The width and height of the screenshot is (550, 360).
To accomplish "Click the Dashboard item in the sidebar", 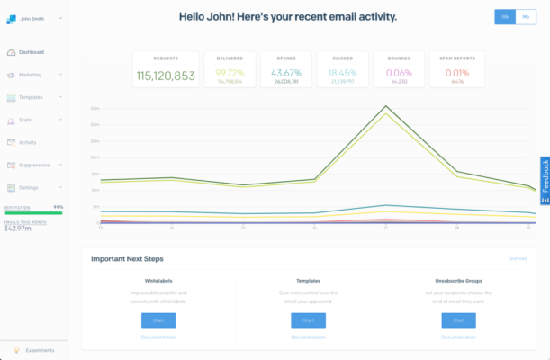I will [32, 52].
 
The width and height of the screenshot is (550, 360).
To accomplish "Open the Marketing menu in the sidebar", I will [30, 75].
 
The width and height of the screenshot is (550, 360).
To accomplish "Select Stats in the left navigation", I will [25, 120].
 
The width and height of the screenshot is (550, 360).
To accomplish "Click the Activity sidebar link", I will [28, 142].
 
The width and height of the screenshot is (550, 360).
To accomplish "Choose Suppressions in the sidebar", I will [33, 165].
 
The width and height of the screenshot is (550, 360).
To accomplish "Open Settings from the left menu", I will [29, 187].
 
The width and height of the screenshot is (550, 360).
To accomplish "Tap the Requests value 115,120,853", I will [166, 75].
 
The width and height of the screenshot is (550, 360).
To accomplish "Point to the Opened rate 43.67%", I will [285, 72].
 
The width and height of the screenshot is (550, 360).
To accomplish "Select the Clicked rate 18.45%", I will [342, 72].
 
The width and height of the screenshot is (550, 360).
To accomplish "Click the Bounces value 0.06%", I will [399, 72].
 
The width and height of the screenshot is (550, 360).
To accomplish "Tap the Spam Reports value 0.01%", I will [456, 72].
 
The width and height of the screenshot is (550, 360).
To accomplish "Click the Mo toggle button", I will [526, 17].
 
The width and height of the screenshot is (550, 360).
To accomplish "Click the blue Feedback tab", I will [545, 179].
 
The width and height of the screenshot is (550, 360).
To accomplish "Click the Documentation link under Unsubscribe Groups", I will [458, 337].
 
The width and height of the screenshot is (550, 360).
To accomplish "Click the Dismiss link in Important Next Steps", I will [518, 258].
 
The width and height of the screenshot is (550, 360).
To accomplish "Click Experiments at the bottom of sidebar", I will [39, 350].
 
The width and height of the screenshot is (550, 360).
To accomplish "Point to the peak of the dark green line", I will [386, 106].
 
